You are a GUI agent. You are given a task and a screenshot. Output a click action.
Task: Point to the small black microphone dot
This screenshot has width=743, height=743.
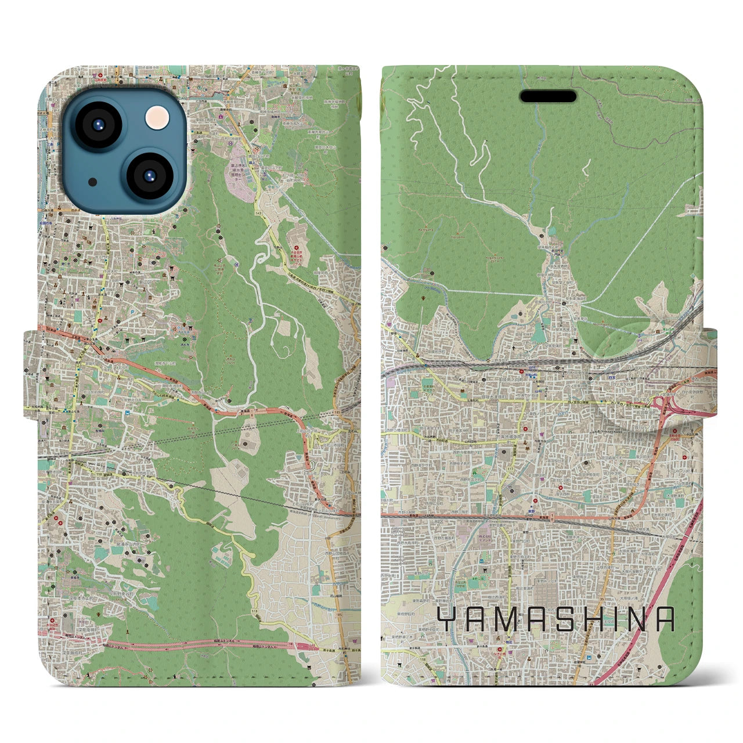pyautogui.click(x=92, y=182)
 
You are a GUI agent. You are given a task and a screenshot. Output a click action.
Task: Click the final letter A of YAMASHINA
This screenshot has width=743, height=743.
pyautogui.click(x=667, y=620)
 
